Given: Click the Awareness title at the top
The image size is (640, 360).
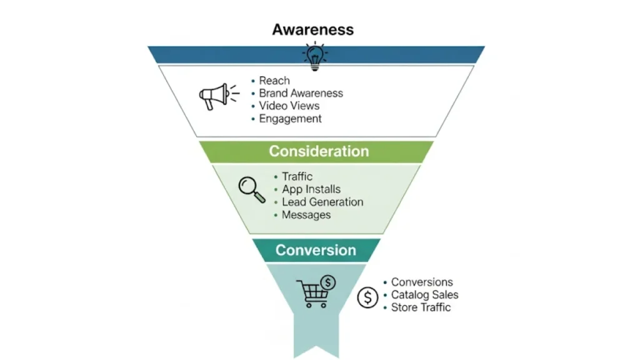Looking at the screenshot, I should coord(312,29).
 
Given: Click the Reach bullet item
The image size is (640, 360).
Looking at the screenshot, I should coord(274,81).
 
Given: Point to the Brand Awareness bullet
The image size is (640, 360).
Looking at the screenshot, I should coord(301,93).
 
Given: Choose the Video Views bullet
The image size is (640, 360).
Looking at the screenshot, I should coord(289,106).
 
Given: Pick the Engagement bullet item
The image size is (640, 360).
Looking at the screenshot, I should coord(290,119).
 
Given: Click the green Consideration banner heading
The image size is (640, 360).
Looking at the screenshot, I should coord(319,151).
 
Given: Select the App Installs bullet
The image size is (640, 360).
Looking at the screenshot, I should coord(311,189).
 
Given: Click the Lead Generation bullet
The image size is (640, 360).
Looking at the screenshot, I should coord(322,202).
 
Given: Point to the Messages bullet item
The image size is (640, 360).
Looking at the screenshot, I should coord(306,215).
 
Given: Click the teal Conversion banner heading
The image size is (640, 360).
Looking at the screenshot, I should coord(316,250).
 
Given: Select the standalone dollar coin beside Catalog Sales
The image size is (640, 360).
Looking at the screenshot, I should coord(367,297).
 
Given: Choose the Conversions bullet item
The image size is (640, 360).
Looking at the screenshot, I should coord(422,282).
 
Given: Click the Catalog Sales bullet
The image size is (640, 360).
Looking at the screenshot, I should coord(424,294).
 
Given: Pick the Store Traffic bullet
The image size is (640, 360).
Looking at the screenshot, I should coord(421,307).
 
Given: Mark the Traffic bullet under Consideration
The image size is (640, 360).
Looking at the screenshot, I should coord(297,177).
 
